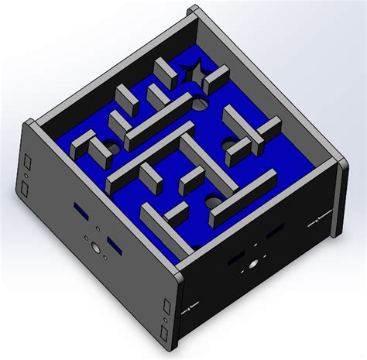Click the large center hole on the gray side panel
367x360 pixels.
(x=94, y=249)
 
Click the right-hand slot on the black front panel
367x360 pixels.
(x=273, y=232)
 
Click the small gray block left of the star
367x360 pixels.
(x=166, y=72)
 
